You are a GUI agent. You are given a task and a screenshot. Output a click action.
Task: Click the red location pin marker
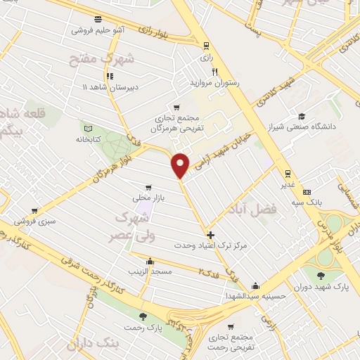(181, 165)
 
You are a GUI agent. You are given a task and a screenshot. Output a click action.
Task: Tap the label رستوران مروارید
(216, 83)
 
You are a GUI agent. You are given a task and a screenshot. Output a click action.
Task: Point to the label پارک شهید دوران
(324, 288)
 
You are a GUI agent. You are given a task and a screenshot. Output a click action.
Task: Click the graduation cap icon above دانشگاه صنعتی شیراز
(301, 116)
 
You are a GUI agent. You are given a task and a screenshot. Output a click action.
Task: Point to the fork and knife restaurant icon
(216, 72)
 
